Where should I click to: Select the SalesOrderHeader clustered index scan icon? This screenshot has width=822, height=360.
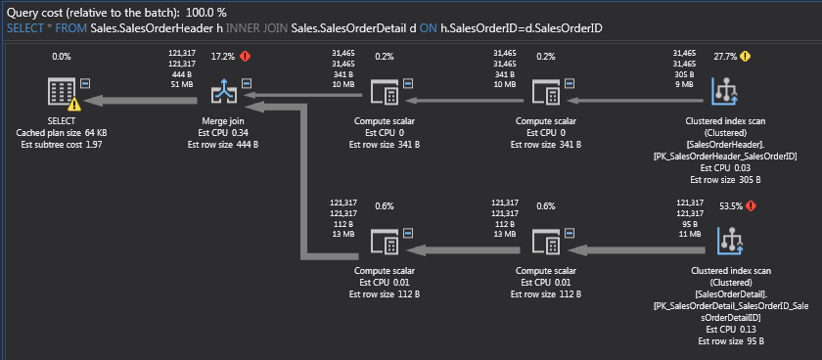tap(726, 96)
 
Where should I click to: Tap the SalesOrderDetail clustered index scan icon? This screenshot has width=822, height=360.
tap(726, 241)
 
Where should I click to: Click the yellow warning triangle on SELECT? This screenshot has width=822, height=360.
tap(74, 105)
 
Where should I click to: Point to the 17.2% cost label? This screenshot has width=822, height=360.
tap(224, 57)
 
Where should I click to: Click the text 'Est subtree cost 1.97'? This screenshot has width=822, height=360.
tap(61, 144)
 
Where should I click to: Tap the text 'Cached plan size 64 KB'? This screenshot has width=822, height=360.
tap(61, 132)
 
